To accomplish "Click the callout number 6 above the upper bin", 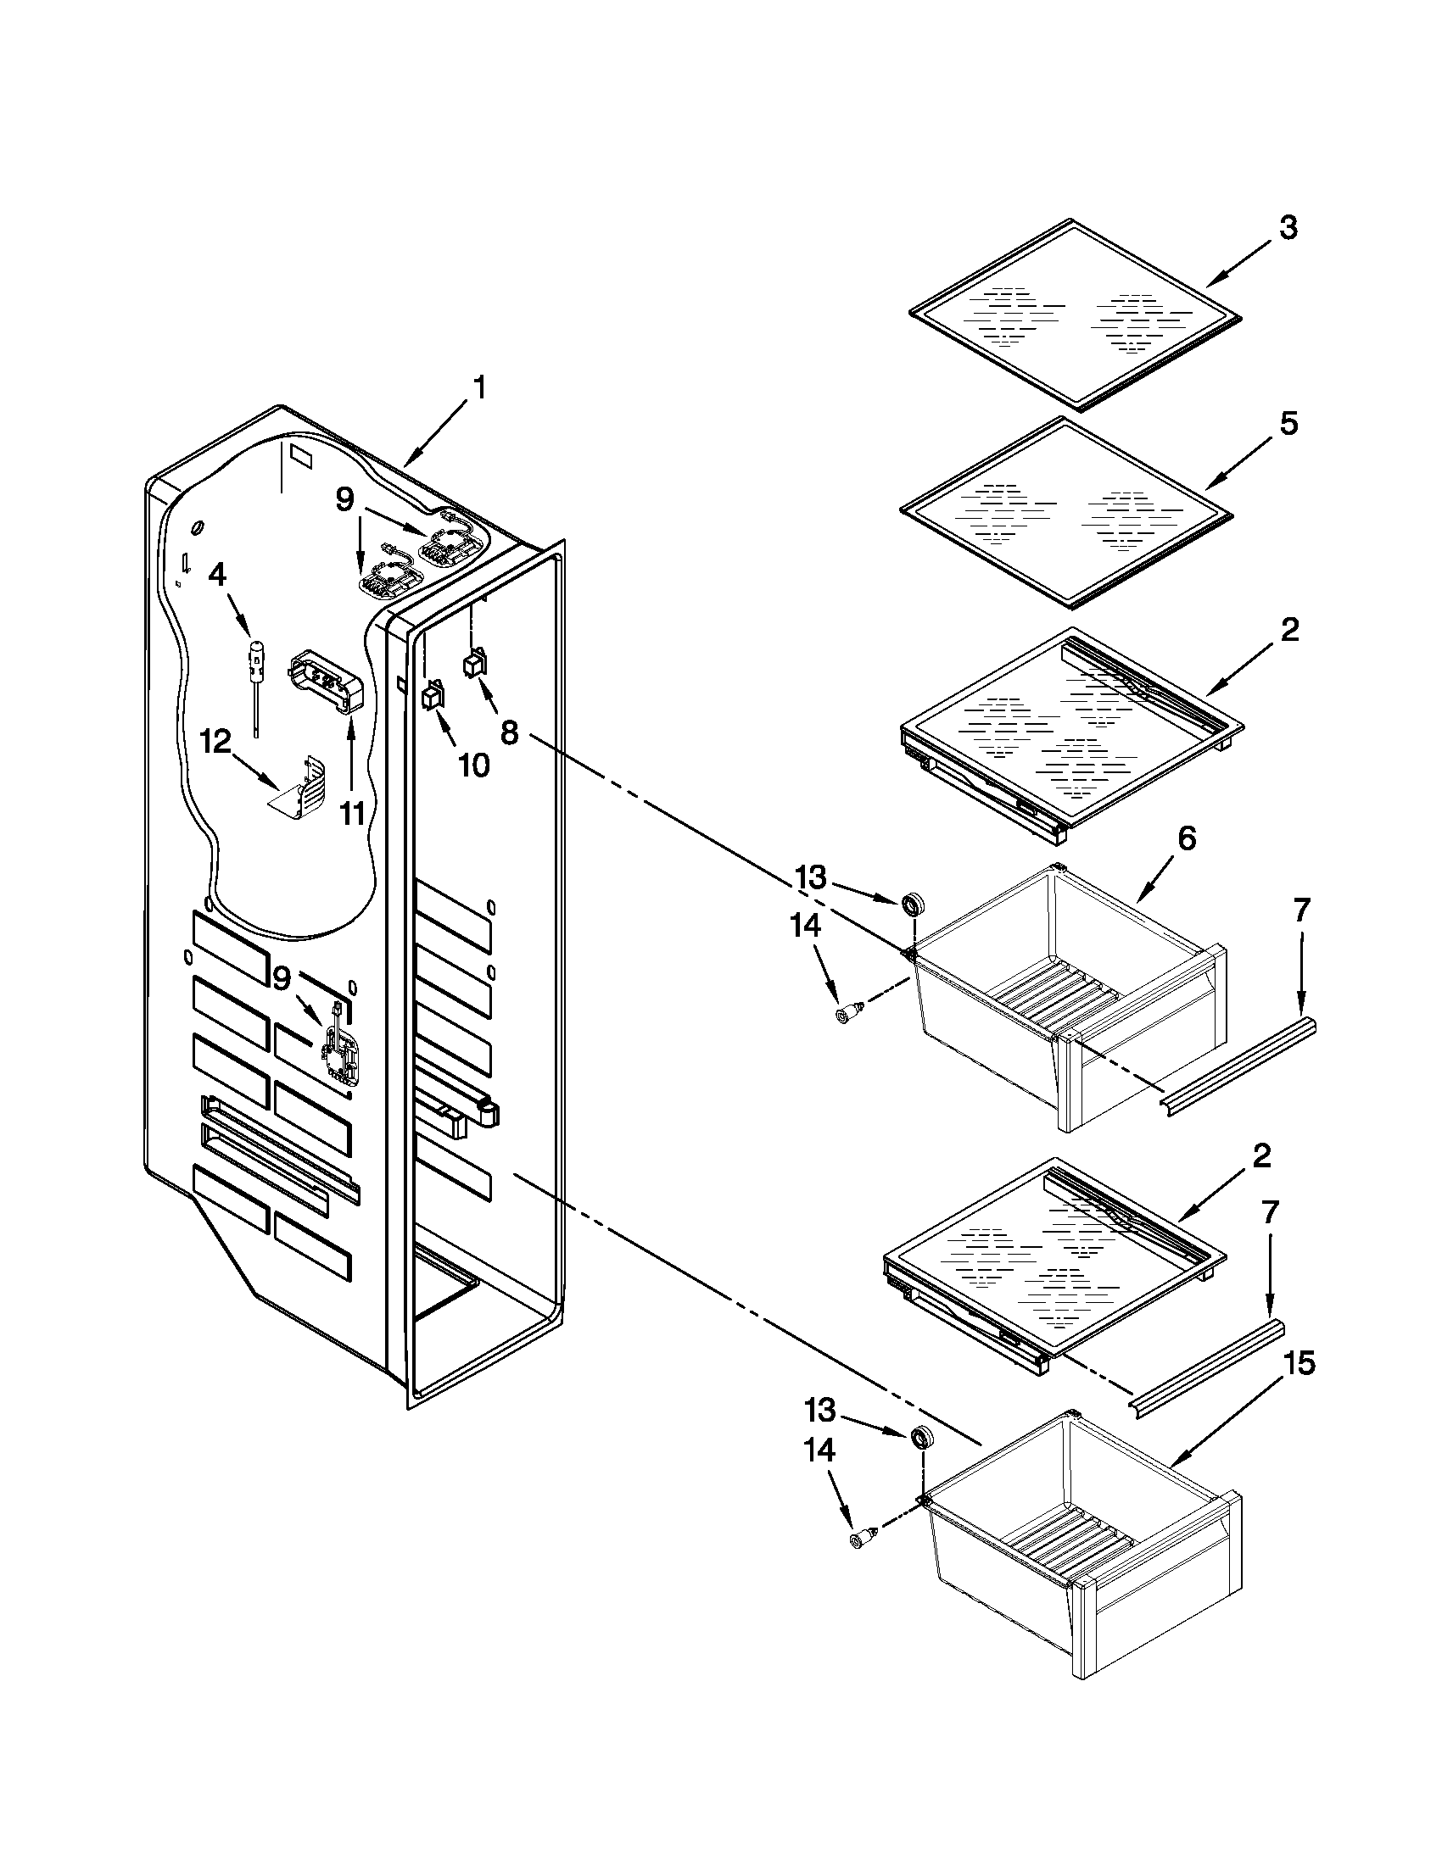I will click(1187, 838).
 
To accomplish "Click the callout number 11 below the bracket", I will click(353, 814).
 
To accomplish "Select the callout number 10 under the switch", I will click(473, 765).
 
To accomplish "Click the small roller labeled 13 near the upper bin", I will click(915, 902).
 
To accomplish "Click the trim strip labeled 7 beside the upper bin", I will click(1238, 1066).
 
